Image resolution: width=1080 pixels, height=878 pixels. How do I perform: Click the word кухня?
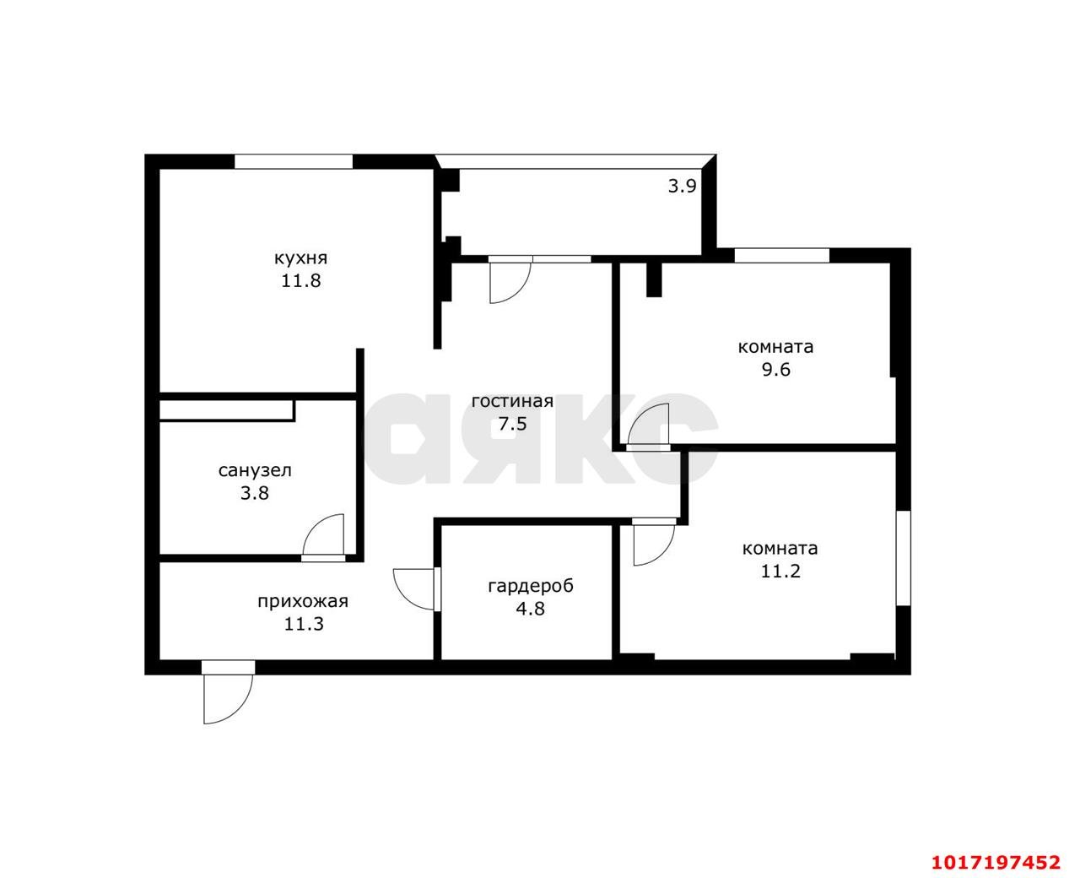[300, 258]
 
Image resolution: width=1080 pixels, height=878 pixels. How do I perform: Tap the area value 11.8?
[300, 280]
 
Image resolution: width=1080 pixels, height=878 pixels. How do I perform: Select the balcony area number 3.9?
[682, 186]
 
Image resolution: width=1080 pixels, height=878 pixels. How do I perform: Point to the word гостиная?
[512, 401]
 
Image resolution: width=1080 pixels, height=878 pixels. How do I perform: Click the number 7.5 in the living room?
[513, 423]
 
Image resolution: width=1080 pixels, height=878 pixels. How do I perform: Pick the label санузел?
[255, 470]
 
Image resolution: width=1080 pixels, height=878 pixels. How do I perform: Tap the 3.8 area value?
[255, 492]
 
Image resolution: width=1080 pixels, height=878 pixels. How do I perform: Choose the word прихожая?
[303, 601]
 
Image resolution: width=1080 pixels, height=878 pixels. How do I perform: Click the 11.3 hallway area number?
[303, 623]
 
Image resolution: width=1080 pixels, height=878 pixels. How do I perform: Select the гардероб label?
[531, 586]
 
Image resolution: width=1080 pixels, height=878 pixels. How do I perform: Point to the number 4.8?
[531, 608]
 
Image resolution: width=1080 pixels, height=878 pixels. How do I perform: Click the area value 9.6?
[776, 369]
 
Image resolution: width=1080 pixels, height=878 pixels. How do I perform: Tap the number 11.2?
[780, 572]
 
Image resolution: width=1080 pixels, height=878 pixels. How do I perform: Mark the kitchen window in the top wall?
[293, 161]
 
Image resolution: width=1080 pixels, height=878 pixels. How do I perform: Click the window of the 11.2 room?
[903, 558]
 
